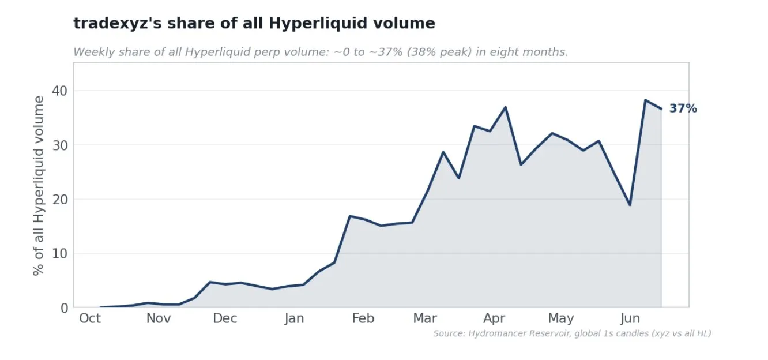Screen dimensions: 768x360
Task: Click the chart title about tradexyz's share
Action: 254,24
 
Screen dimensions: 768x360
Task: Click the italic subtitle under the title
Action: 321,52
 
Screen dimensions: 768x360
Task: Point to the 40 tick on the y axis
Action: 60,91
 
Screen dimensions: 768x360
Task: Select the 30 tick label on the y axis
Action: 60,145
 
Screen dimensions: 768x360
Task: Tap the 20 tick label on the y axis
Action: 60,200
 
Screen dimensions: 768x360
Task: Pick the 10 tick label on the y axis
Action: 60,254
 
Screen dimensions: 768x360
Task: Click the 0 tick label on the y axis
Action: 65,308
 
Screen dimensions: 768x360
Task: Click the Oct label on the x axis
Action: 90,318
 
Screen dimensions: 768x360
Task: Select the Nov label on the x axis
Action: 159,318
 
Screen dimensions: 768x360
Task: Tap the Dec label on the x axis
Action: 225,318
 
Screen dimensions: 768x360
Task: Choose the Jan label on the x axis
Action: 294,319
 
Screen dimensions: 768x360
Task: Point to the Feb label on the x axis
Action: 363,318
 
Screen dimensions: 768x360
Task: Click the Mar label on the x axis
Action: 425,318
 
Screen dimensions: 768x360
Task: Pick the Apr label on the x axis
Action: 494,319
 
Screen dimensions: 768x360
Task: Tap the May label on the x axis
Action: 561,319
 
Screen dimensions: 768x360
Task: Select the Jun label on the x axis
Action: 630,319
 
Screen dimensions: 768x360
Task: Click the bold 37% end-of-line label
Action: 683,108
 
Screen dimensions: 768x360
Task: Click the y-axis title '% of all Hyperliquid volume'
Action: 39,186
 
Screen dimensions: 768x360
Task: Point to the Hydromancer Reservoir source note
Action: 572,333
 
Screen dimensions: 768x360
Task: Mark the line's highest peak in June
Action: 645,100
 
